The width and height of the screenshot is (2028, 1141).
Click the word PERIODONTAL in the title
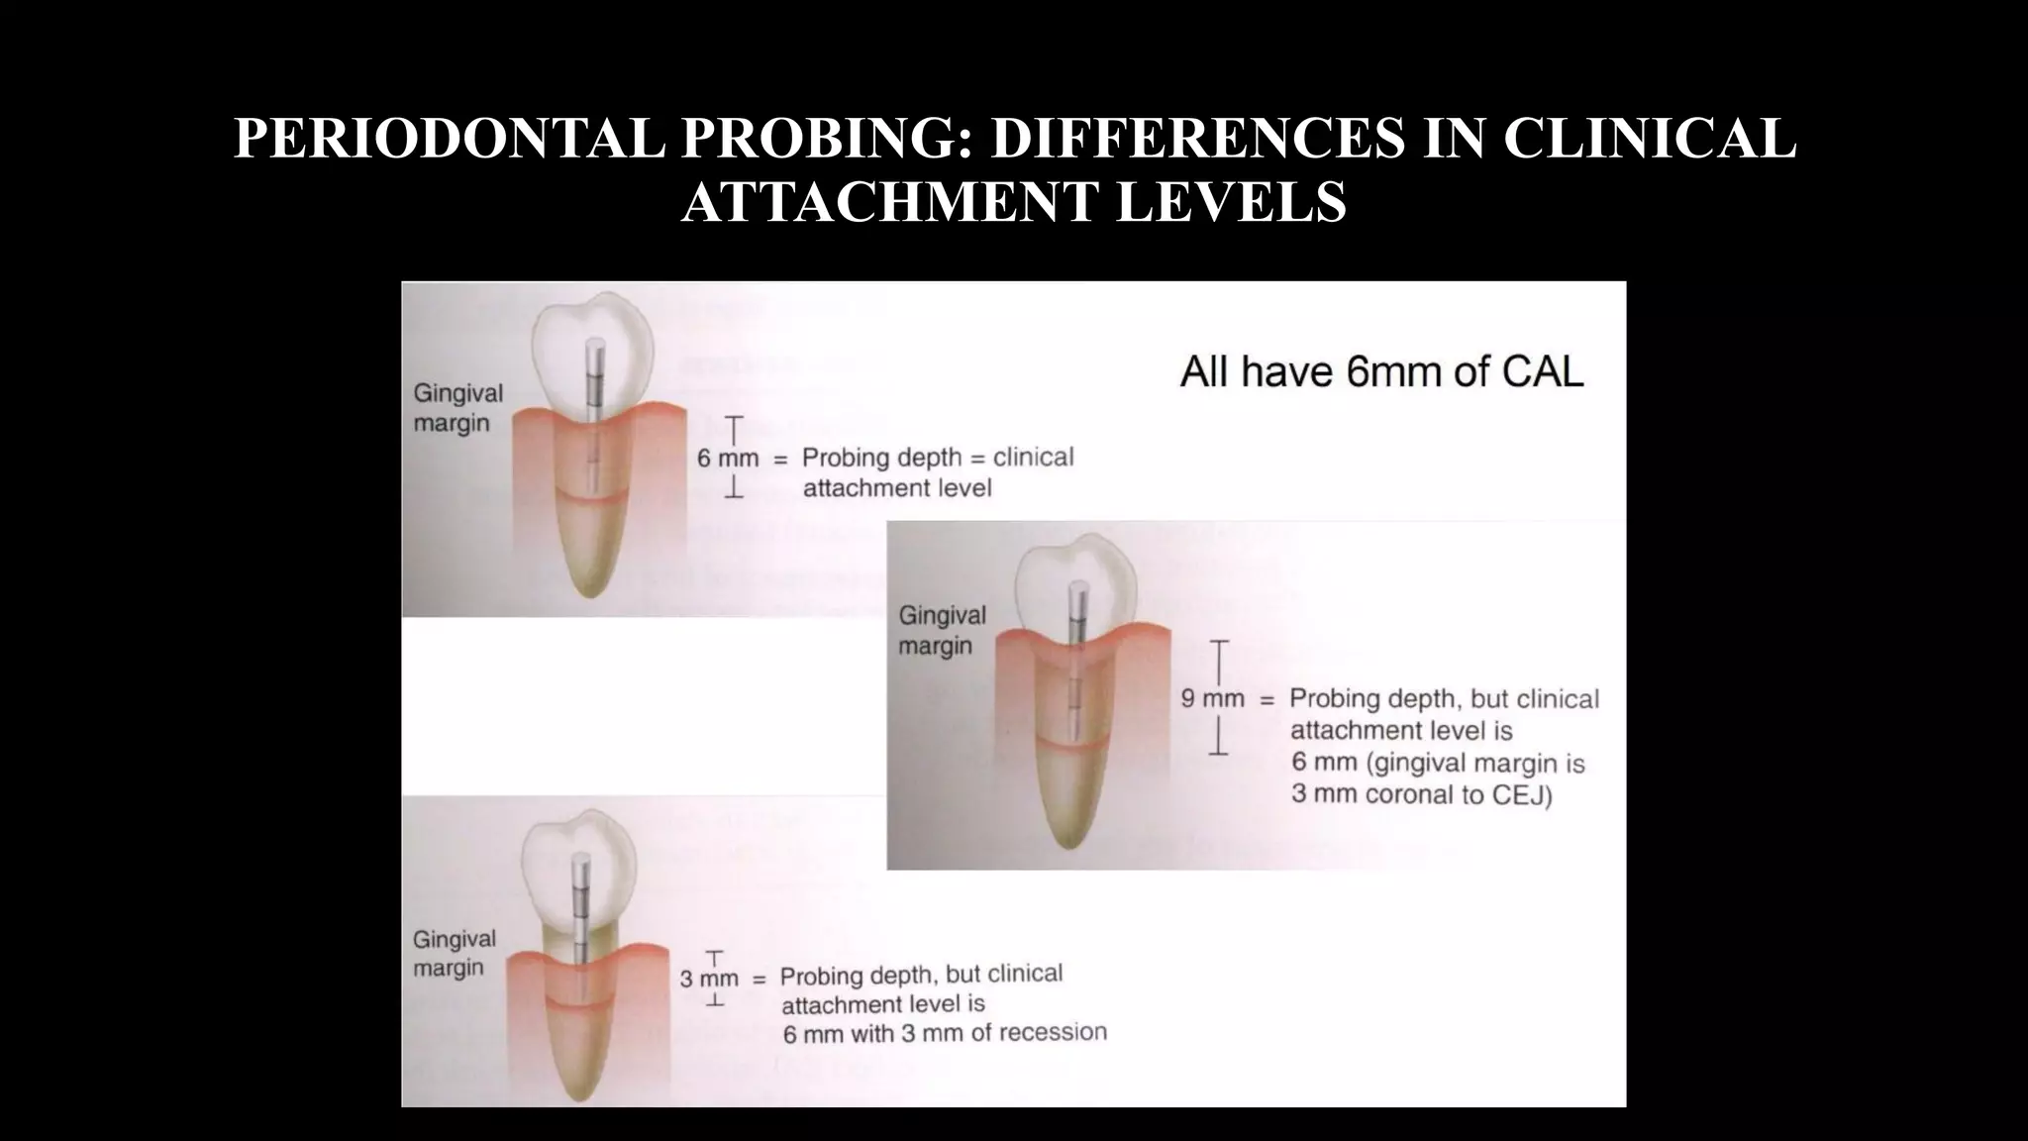(x=449, y=139)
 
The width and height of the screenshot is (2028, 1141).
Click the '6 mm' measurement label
(x=728, y=459)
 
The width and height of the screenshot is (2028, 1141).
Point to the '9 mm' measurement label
(x=1212, y=699)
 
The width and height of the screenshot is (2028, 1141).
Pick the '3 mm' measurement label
(x=709, y=979)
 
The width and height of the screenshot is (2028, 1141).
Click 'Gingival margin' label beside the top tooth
(x=457, y=408)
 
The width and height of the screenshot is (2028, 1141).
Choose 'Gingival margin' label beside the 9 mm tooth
(x=941, y=630)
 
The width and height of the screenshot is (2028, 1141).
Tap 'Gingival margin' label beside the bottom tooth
(x=454, y=953)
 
